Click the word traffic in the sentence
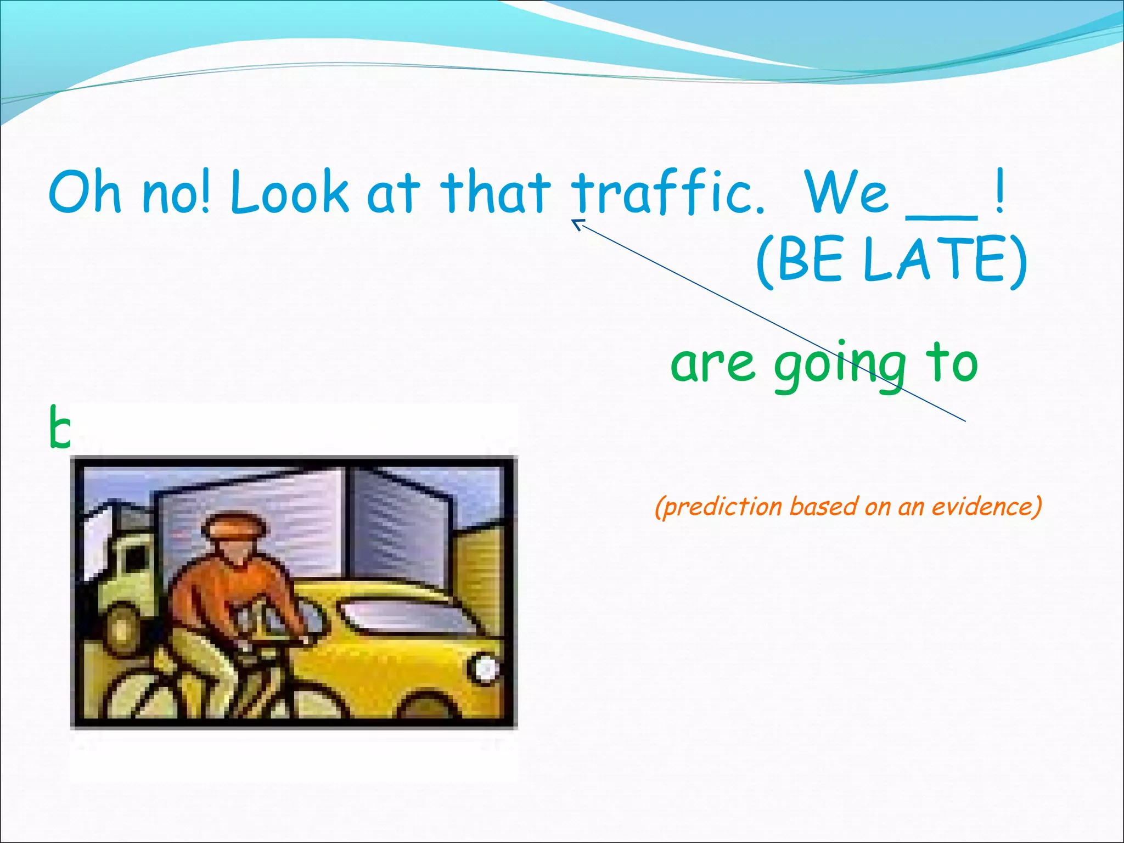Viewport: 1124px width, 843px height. pos(667,192)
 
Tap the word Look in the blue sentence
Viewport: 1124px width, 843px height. pos(289,192)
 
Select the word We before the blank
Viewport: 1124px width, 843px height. pos(846,192)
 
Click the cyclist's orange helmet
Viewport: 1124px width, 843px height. pos(235,524)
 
